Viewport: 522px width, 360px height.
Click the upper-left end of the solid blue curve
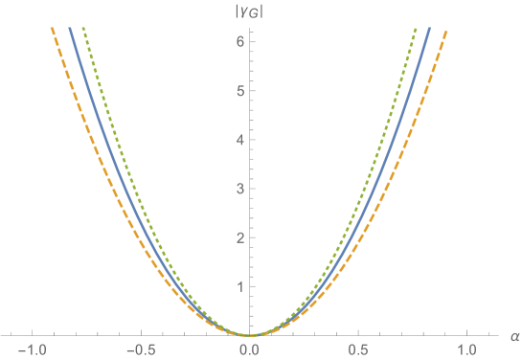pyautogui.click(x=69, y=29)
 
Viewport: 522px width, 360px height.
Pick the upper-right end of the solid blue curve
pyautogui.click(x=429, y=29)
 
